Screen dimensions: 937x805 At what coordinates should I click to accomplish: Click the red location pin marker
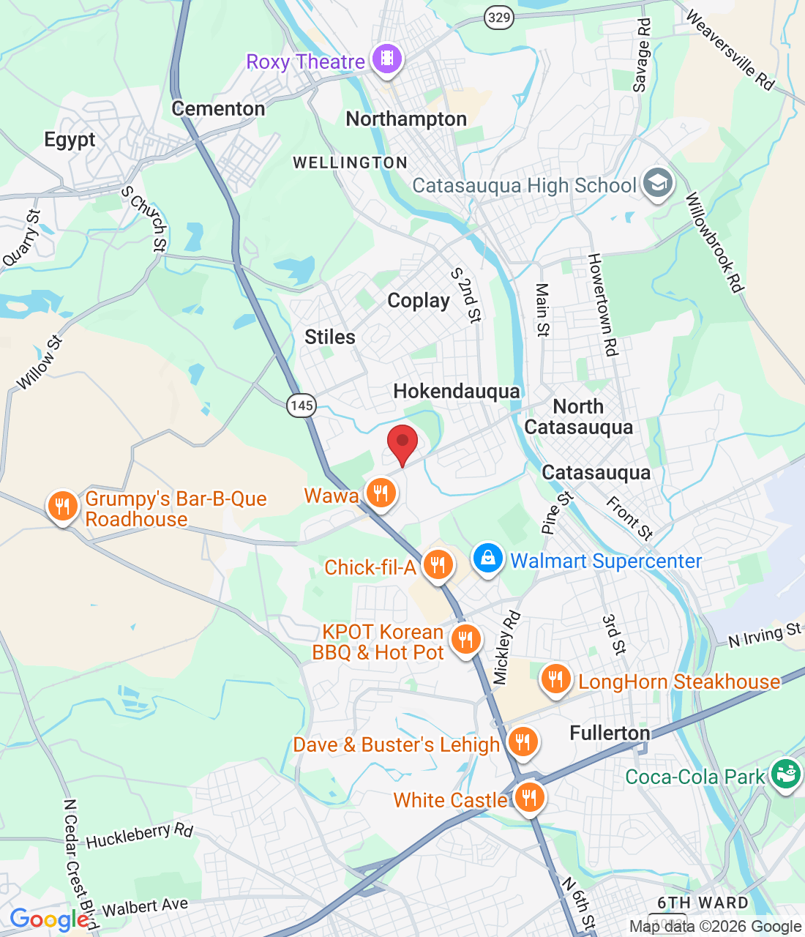pos(402,442)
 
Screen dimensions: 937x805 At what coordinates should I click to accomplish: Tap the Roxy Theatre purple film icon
pos(387,59)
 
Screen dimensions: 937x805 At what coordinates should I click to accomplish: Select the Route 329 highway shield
pos(498,17)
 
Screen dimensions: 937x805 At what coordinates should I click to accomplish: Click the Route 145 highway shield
pos(301,405)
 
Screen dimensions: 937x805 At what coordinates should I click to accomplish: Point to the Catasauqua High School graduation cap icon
pos(657,184)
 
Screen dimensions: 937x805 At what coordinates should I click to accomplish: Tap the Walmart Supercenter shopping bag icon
pos(487,559)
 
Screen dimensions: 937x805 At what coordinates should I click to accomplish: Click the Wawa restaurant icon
pos(380,493)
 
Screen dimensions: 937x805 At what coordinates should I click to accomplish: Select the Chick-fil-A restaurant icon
pos(438,565)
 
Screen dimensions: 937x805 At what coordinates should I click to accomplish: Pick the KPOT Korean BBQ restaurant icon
pos(465,640)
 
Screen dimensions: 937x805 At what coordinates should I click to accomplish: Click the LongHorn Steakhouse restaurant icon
pos(556,680)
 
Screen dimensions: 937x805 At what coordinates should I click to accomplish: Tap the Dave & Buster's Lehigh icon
pos(522,742)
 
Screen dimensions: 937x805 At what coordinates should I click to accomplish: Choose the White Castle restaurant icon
pos(528,798)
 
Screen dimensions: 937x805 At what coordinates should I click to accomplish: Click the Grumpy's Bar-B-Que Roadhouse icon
pos(63,506)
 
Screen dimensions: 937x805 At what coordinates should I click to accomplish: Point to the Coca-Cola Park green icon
pos(786,773)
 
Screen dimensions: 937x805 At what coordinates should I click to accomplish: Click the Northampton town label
pos(406,119)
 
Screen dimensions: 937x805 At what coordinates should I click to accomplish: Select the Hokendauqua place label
pos(457,392)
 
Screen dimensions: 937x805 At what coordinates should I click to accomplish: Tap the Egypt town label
pos(70,140)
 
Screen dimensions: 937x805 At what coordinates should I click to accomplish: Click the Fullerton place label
pos(610,733)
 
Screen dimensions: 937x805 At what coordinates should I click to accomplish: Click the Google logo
pos(49,919)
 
